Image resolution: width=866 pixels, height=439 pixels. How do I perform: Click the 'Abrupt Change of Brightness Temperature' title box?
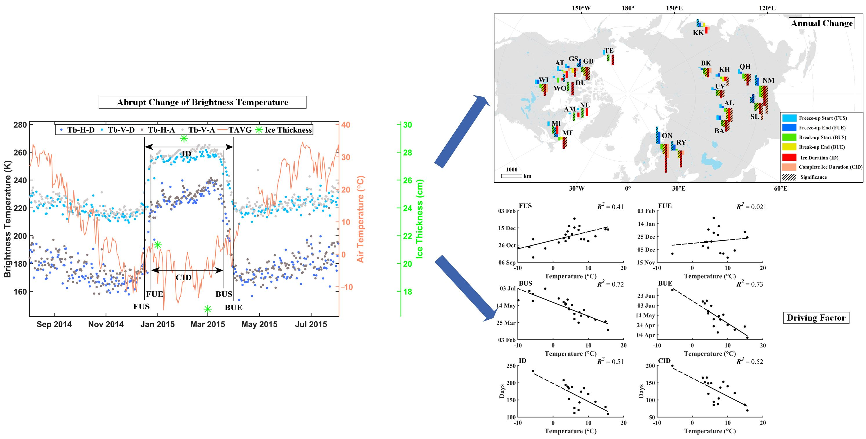click(202, 103)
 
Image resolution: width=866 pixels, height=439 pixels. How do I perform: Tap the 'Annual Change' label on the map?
click(821, 23)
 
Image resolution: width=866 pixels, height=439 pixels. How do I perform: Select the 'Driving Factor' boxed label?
click(816, 318)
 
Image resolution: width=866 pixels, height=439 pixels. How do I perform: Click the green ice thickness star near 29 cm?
click(184, 138)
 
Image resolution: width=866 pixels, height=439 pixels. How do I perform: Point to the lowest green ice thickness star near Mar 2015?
click(207, 309)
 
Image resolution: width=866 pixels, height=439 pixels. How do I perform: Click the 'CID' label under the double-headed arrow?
click(183, 278)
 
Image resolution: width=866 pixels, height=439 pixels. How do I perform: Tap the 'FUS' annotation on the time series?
click(141, 306)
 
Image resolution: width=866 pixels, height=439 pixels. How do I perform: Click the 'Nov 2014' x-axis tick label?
click(106, 324)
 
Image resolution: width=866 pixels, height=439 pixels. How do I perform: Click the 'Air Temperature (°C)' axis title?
click(360, 219)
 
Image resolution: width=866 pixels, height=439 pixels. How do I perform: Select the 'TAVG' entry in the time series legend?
click(239, 130)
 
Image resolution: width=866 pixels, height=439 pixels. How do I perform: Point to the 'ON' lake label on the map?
click(667, 136)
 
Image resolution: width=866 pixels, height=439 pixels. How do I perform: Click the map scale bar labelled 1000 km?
click(511, 176)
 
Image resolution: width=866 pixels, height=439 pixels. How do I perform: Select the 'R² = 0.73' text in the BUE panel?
click(749, 284)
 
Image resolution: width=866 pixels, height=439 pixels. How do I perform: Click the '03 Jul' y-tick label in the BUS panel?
click(507, 289)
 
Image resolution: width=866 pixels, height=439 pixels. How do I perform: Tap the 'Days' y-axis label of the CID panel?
click(641, 391)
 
